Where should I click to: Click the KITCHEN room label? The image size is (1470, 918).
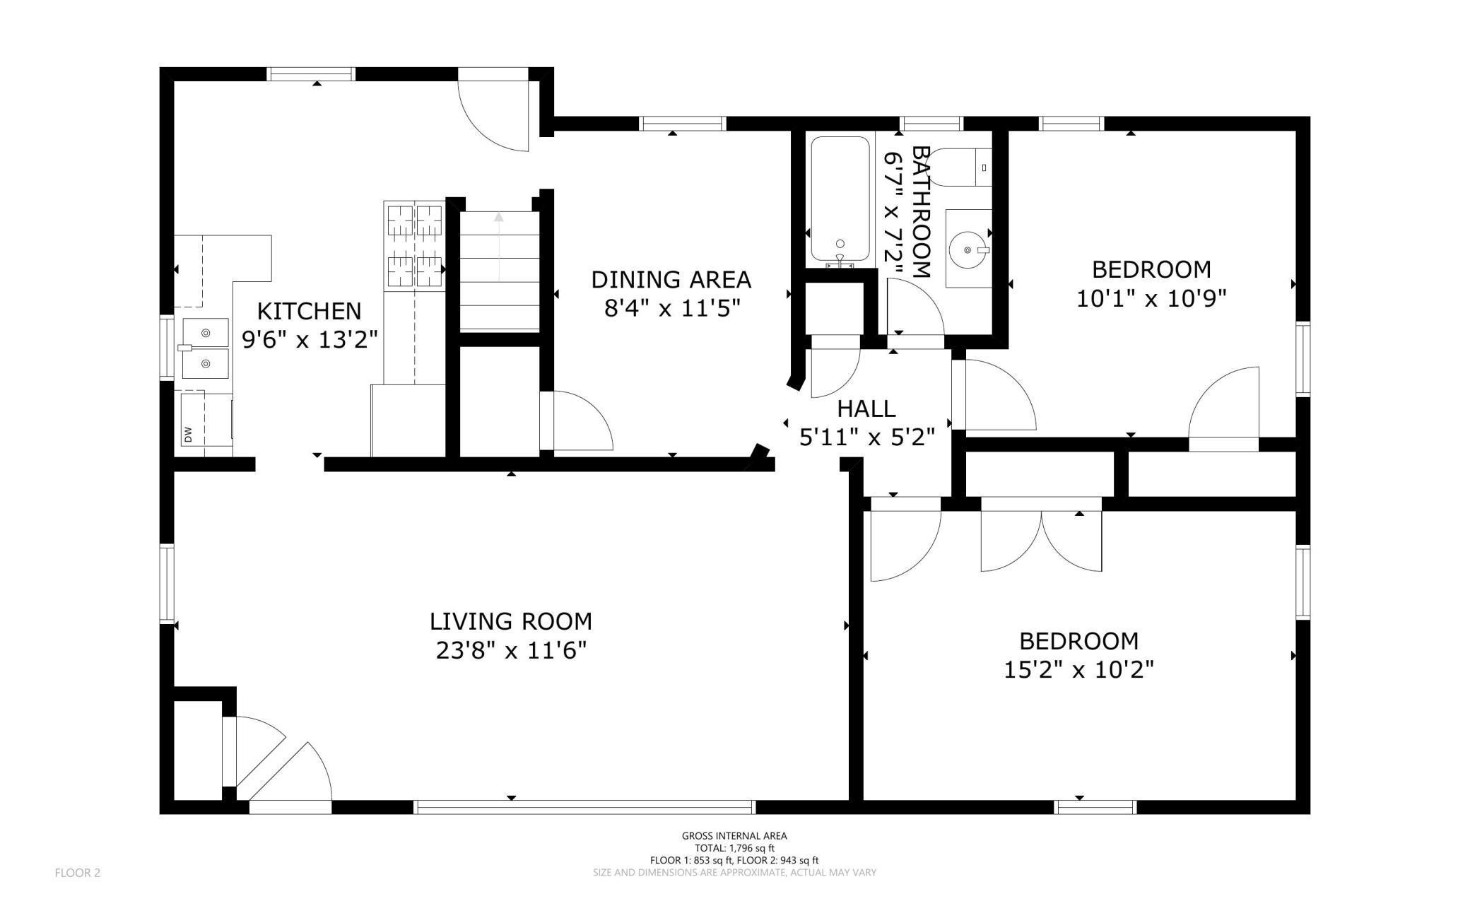pos(309,311)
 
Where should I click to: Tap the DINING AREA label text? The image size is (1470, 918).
pos(671,280)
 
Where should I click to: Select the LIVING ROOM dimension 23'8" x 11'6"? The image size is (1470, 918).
pos(511,649)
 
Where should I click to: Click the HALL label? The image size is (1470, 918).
pos(866,408)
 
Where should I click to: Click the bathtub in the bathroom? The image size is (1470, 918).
pos(840,199)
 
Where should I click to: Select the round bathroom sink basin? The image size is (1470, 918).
pos(968,249)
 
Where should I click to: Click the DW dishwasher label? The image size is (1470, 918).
pos(188,434)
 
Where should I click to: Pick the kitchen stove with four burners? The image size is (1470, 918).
pos(414,245)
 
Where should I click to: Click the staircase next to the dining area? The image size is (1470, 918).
pos(499,271)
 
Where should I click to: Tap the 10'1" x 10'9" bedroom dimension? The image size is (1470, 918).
pos(1151,298)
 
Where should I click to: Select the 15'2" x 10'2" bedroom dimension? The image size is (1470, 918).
pos(1078,669)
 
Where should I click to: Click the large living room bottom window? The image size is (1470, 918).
pos(584,807)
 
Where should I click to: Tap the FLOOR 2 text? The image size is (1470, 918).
pos(78,873)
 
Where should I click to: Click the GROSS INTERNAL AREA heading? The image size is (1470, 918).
pos(734,836)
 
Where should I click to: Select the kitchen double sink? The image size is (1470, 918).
pos(206,348)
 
